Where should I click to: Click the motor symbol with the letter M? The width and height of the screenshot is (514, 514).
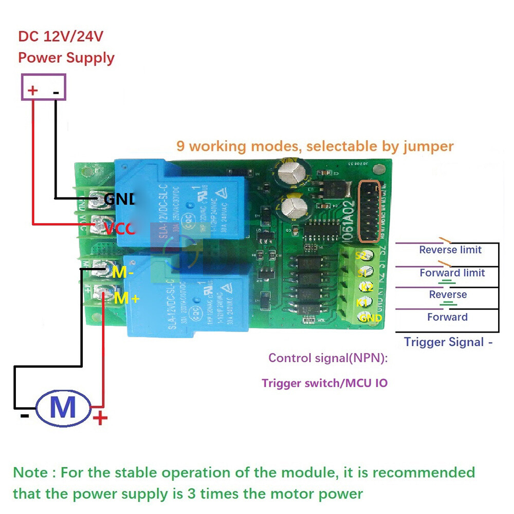click(63, 408)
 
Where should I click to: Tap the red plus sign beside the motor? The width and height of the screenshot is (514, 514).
click(100, 417)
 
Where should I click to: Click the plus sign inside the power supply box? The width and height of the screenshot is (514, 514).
click(33, 91)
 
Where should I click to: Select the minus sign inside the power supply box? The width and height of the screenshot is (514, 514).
click(56, 93)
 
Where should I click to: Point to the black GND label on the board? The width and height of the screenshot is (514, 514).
click(119, 199)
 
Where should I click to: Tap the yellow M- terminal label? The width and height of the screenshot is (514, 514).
click(123, 272)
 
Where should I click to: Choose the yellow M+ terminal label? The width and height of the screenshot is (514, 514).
click(126, 298)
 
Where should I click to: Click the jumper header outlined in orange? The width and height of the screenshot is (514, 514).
click(370, 211)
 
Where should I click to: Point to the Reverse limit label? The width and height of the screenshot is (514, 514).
click(450, 250)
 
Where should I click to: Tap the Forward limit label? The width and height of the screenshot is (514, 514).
click(452, 273)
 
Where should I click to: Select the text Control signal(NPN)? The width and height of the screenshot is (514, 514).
click(328, 358)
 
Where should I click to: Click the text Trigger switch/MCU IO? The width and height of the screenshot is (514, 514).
click(324, 383)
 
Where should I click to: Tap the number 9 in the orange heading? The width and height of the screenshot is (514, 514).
click(180, 146)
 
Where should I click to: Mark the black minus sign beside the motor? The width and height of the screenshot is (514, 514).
click(24, 415)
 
